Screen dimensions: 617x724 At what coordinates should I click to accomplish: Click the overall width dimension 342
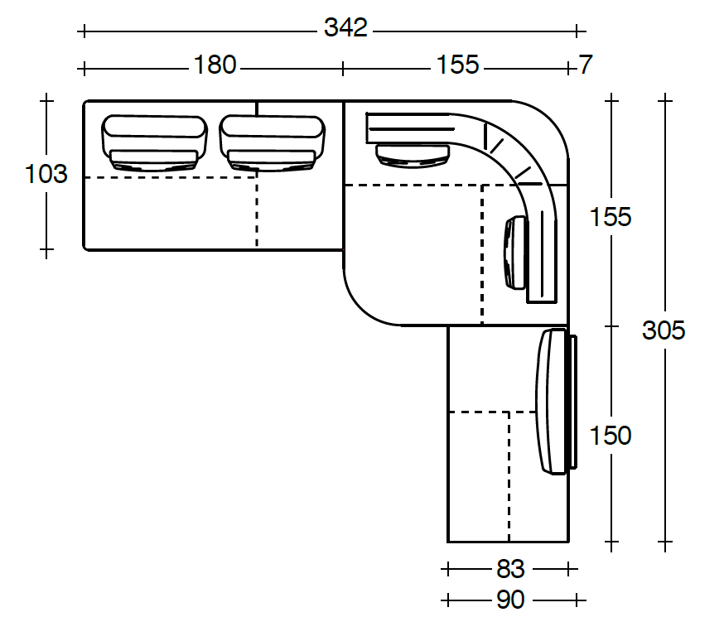coord(345,28)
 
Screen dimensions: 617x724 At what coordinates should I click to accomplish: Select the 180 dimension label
coord(215,65)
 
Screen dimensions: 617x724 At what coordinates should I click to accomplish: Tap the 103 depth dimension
coord(46,174)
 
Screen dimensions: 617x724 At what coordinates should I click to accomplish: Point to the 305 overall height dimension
coord(664,330)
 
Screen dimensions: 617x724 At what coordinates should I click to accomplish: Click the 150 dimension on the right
coord(611,435)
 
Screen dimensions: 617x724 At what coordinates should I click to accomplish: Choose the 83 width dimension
coord(510,569)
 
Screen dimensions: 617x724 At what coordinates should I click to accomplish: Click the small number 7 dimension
coord(586,65)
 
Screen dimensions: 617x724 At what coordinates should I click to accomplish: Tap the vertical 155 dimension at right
coord(611,217)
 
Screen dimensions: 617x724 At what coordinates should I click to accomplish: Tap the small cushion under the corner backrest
coord(413,153)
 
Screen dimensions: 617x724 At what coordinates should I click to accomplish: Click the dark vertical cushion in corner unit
coord(515,252)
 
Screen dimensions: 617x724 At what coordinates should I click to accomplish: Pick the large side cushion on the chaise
coord(553,402)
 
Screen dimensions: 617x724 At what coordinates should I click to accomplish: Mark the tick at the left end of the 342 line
coord(83,31)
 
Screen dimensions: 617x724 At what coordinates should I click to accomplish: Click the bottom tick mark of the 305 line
coord(664,545)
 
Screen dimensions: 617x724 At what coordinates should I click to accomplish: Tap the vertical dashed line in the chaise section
coord(509,476)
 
